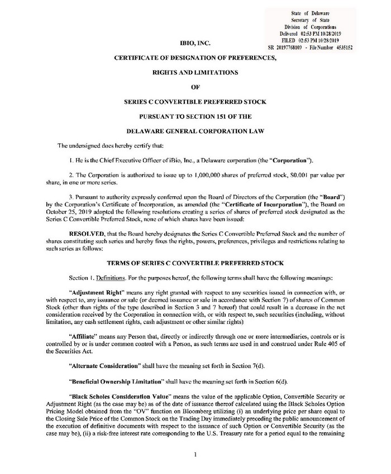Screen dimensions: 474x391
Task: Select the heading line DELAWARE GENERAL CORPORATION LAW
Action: pos(195,132)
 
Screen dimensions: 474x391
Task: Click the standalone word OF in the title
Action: pos(195,87)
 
